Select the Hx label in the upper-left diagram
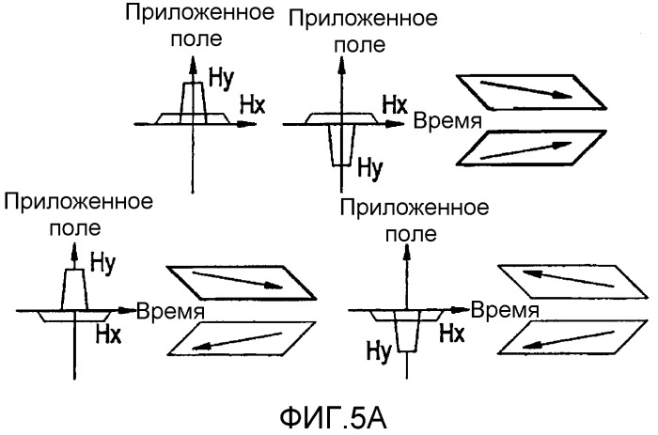[253, 106]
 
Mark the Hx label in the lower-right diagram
[452, 333]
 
